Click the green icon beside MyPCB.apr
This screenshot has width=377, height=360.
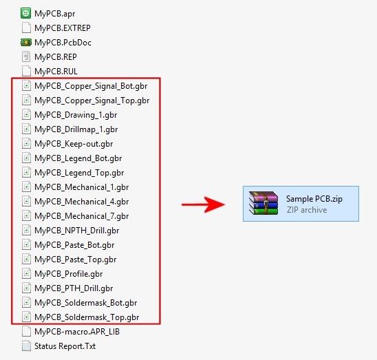pos(25,13)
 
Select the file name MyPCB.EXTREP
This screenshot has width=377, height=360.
pos(63,28)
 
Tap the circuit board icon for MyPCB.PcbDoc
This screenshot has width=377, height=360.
pos(26,43)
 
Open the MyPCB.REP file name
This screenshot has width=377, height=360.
pos(56,57)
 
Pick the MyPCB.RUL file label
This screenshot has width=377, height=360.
pos(56,72)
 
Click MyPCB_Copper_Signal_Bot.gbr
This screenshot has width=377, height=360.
pos(91,86)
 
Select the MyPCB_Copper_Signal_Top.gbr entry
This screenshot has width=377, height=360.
pos(92,100)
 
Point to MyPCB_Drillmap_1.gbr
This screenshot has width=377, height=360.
pos(76,129)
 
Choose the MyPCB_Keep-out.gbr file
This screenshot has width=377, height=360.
pos(74,144)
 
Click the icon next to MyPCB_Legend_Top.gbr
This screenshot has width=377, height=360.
pos(26,172)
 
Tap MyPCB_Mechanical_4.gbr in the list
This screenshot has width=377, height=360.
pos(81,202)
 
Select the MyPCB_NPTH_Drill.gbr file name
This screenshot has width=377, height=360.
pos(76,231)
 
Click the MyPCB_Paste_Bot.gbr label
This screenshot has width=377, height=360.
pos(74,245)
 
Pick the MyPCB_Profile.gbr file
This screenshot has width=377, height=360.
pos(69,274)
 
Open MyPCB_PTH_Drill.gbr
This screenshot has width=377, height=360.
pos(74,288)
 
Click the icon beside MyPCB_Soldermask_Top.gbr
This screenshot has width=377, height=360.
pos(26,317)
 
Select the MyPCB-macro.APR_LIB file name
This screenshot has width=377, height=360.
pos(77,332)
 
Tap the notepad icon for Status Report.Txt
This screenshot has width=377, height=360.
pos(26,346)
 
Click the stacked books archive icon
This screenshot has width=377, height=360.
pos(263,203)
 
